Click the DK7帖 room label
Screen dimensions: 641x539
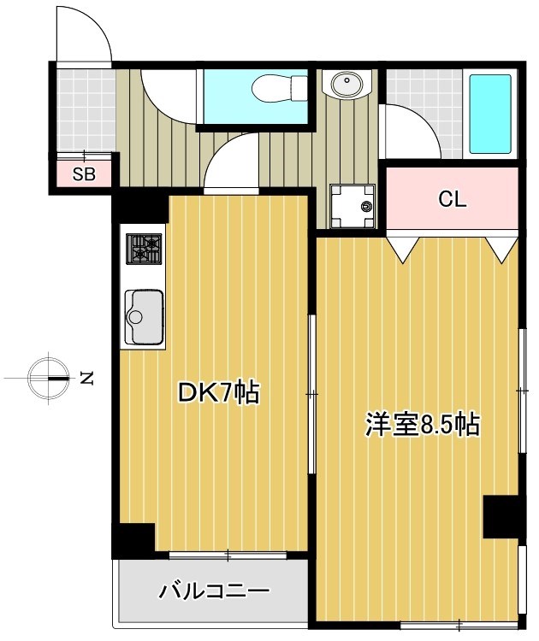point(217,392)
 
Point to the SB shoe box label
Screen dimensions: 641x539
point(83,176)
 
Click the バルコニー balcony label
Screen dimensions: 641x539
point(215,591)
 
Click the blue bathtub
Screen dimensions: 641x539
point(491,114)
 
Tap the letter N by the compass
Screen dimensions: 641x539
point(86,377)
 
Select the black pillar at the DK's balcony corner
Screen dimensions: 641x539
point(133,538)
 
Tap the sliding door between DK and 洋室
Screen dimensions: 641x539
point(312,393)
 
